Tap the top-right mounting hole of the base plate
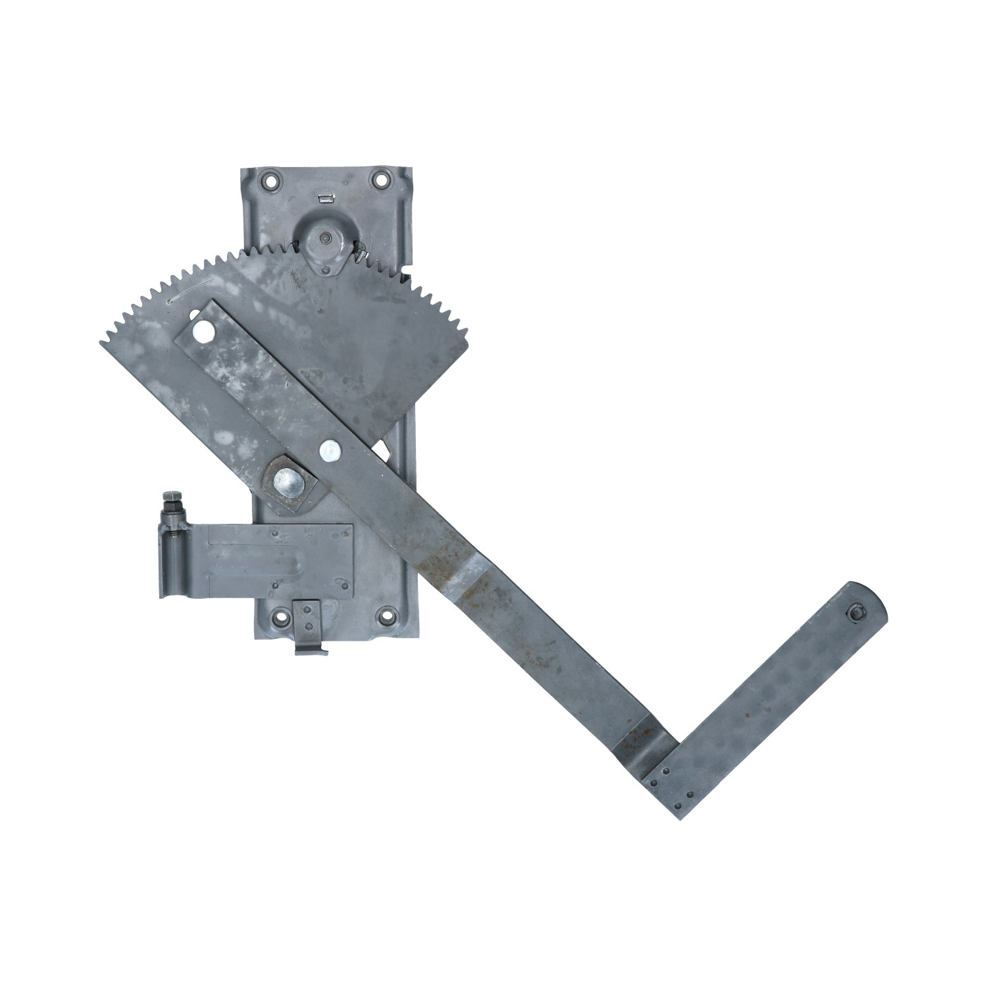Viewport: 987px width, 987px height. pyautogui.click(x=380, y=178)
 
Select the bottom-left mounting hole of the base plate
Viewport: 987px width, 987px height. pyautogui.click(x=282, y=618)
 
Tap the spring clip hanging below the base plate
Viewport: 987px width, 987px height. pyautogui.click(x=309, y=628)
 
